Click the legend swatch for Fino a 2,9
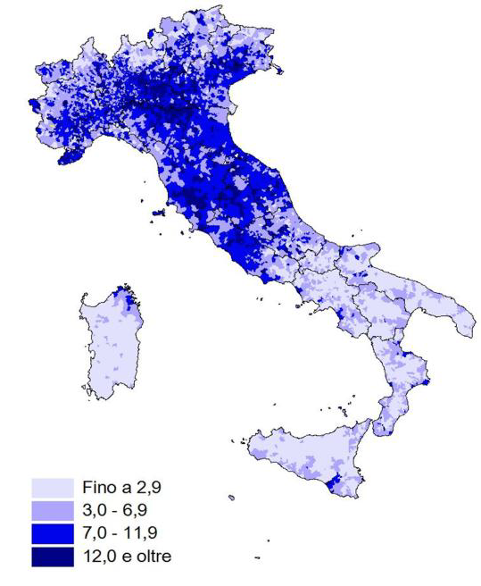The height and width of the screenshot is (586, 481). point(52,489)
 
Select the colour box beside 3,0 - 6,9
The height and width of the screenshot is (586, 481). point(52,511)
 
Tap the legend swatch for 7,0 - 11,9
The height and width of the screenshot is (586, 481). point(52,533)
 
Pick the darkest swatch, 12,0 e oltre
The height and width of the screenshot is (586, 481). point(52,556)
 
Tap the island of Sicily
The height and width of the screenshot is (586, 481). point(303,451)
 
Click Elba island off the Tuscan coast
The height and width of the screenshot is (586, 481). point(162,213)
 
